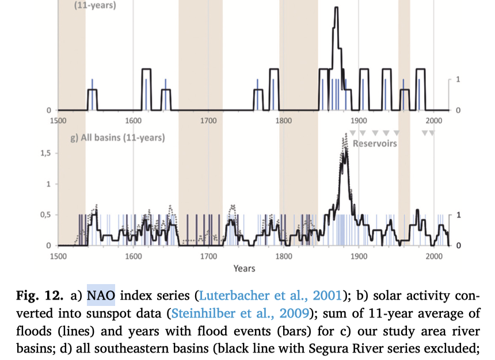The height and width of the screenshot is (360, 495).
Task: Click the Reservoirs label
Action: coord(375,143)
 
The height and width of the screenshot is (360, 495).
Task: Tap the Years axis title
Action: coord(244,268)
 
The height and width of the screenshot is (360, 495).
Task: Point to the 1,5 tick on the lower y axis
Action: coord(45,154)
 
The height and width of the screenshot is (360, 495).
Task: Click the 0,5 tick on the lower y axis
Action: coord(45,215)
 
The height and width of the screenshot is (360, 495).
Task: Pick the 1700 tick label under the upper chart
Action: coord(208,120)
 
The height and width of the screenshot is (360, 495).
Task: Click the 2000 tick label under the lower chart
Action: coord(433,256)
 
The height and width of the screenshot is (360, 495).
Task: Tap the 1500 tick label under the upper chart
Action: coord(58,120)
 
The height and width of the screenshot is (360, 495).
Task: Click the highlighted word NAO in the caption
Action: coord(101,296)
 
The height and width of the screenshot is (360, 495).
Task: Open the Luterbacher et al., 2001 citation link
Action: coord(271,296)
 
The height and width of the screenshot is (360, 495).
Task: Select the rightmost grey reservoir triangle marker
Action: coord(432,133)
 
